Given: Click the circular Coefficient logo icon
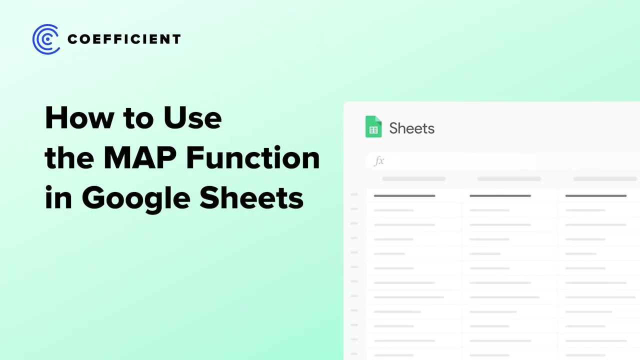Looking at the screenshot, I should [x=46, y=39].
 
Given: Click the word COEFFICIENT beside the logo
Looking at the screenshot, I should [x=124, y=39].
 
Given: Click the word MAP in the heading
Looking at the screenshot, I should [x=139, y=158].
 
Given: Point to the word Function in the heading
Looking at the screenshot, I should [x=253, y=158].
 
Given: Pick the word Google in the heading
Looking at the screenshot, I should [x=136, y=198].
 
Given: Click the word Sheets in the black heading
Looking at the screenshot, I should [x=251, y=198].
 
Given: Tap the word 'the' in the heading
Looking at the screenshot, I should [x=69, y=158].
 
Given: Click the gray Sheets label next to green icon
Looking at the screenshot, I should [x=411, y=128].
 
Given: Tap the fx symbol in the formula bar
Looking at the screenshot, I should [x=379, y=160].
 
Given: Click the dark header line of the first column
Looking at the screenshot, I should [x=404, y=195].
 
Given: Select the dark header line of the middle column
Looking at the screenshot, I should [x=500, y=195].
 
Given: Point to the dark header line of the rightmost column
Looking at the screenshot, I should [x=595, y=195].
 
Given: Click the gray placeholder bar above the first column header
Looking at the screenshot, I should [x=413, y=178].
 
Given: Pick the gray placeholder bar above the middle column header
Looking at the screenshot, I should [x=509, y=178].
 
